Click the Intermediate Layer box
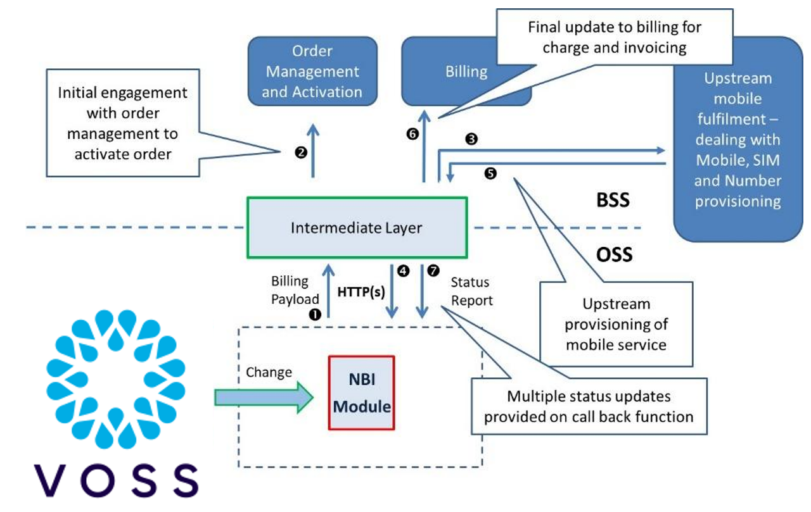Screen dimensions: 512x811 [356, 228]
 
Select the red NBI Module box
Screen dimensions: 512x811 [361, 393]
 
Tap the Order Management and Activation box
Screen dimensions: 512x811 [312, 71]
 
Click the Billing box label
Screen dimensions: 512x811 [466, 72]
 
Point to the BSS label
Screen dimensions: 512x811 [613, 200]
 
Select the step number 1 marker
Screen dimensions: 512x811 [315, 313]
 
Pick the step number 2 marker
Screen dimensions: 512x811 [301, 152]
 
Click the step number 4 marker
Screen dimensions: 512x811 [402, 270]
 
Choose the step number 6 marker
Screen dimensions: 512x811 [412, 134]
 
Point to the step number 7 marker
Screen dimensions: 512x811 [433, 270]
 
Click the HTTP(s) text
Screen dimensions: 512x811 [361, 292]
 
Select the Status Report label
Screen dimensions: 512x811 [471, 291]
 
